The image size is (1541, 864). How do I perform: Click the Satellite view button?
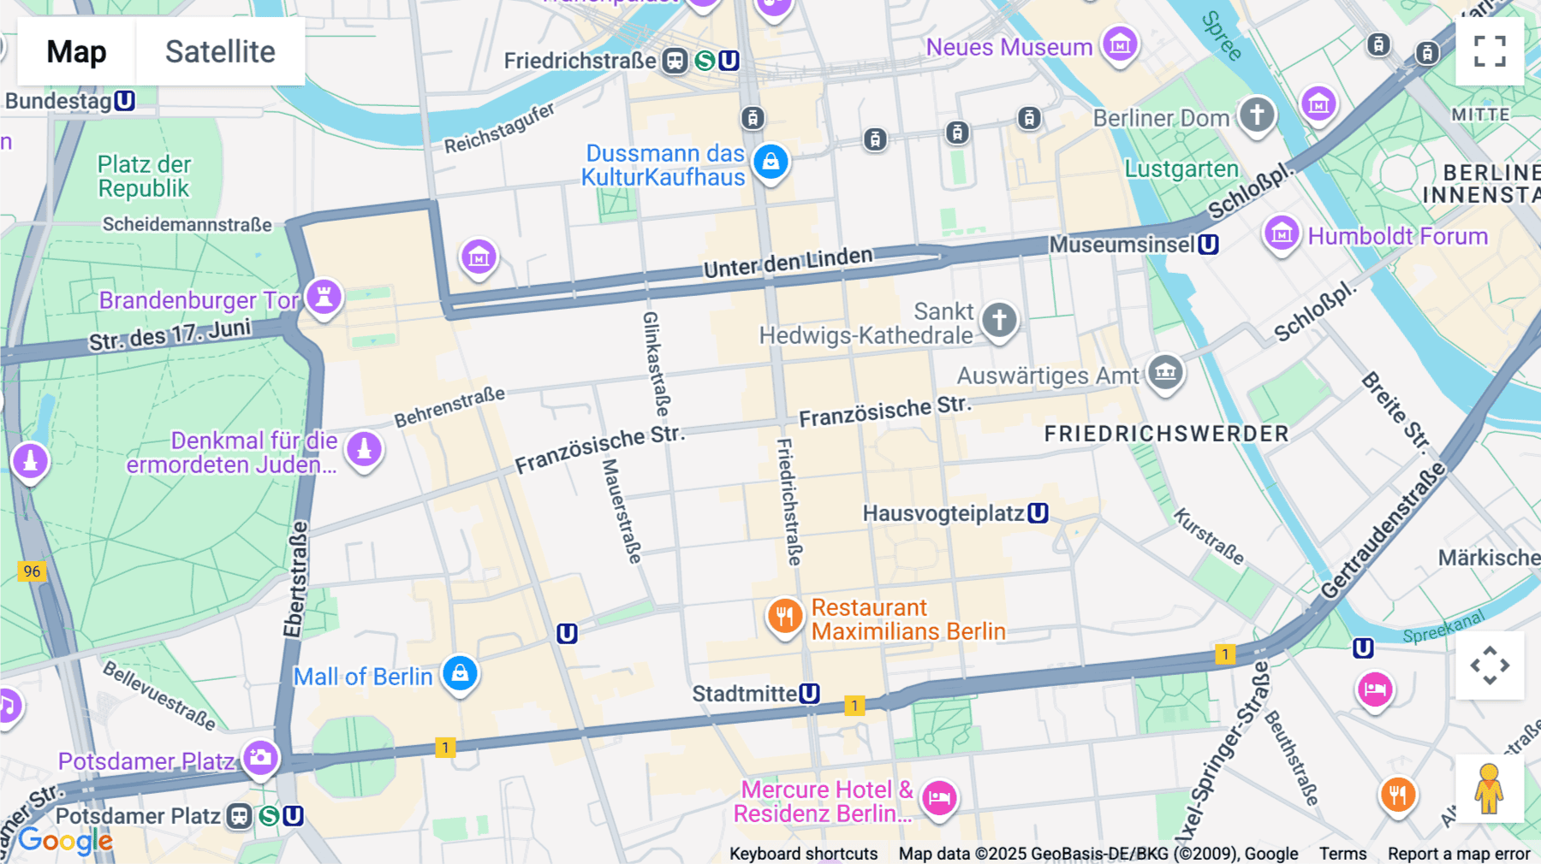coord(220,51)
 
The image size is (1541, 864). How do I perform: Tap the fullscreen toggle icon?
coord(1490,51)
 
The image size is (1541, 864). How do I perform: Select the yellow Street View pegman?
coord(1490,789)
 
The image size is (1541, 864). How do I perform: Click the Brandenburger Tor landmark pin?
coord(324,298)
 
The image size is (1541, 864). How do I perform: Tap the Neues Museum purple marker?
coord(1120,43)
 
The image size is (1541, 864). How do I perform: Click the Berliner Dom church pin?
coord(1257,115)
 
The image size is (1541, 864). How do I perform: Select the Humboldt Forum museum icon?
coord(1282,234)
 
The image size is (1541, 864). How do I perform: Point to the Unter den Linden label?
coord(788,262)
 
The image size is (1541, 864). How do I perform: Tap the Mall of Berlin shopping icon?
coord(460,673)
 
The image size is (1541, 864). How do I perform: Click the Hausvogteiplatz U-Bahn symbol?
coord(1038,513)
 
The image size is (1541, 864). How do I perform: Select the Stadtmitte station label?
coord(745,694)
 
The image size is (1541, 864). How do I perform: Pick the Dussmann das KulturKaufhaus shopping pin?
coord(770,161)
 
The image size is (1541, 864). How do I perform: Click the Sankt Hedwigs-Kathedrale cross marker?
coord(999,320)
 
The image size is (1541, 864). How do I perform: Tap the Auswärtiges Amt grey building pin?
coord(1165,372)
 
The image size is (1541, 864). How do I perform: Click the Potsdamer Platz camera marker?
coord(260,758)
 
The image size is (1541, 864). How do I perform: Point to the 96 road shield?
coord(32,571)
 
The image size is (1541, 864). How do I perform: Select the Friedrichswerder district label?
coord(1166,434)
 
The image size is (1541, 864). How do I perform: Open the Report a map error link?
coord(1459,854)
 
